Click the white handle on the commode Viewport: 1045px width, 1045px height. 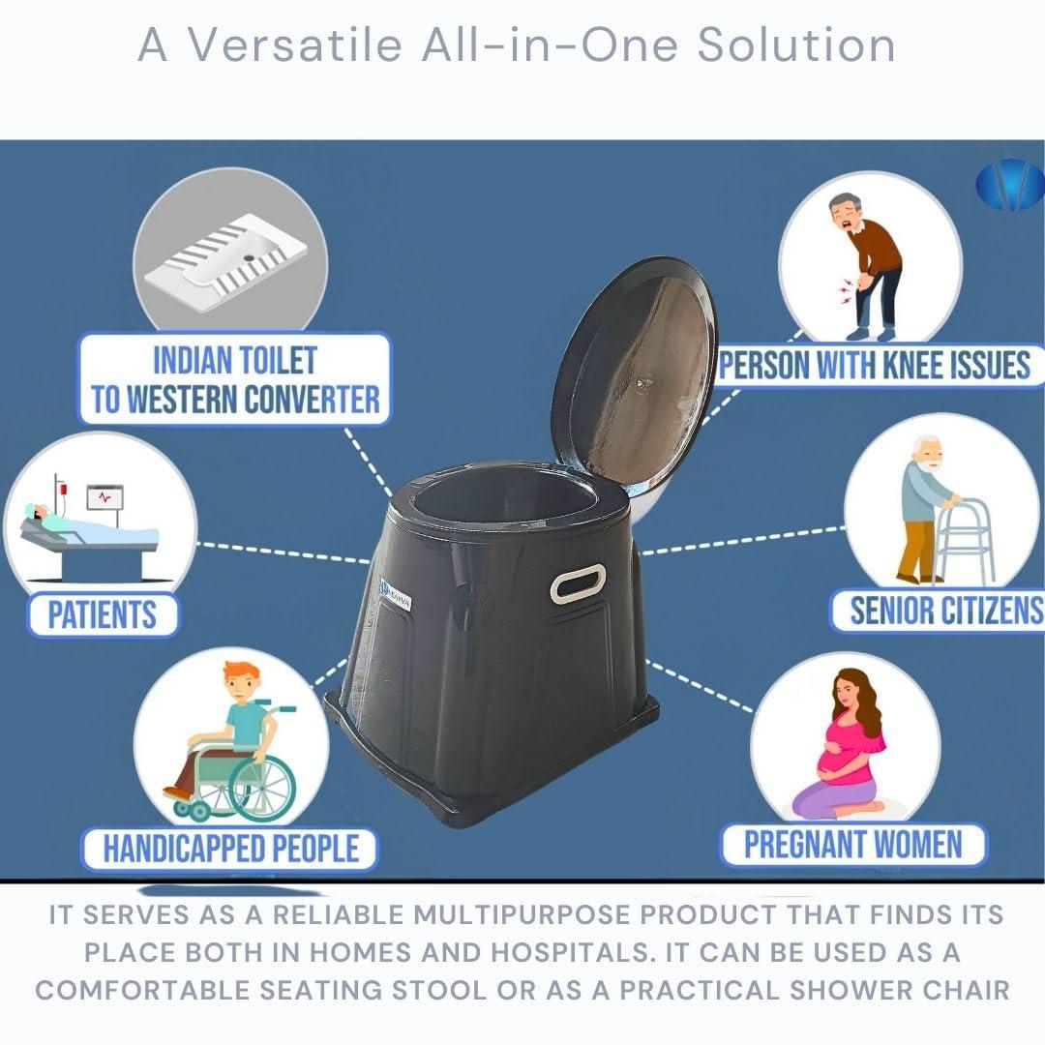point(578,583)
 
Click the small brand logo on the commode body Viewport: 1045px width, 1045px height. point(396,589)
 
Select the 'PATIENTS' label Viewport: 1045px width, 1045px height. point(103,614)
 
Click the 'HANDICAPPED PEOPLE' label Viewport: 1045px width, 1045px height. point(231,849)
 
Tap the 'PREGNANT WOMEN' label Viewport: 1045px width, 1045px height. point(852,844)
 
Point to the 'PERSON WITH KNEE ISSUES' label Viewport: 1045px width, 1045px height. point(875,366)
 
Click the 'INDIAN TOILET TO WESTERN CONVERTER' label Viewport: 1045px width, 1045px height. point(235,379)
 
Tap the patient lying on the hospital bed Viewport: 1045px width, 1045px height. point(58,522)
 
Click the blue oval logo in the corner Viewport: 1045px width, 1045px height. point(1009,184)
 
